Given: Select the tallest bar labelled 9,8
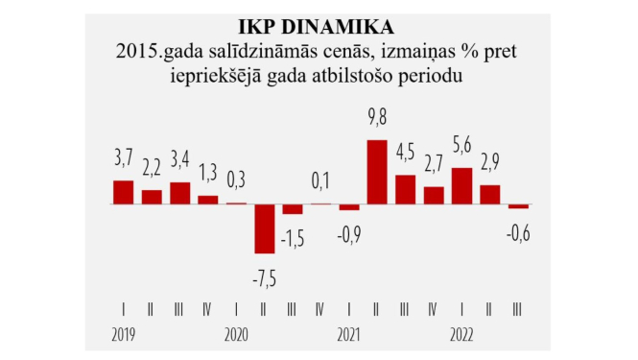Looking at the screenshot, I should [377, 172].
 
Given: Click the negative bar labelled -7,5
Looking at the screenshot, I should [265, 228].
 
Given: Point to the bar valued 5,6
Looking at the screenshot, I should [461, 185].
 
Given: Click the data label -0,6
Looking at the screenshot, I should [518, 230].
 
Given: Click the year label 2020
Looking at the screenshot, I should [237, 335].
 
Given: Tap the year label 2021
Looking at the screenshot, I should [349, 335].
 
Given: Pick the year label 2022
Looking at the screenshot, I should [461, 335].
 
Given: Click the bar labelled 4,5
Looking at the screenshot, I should [405, 189].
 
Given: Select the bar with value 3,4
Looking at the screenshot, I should [180, 193].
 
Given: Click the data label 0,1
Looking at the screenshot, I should [321, 180].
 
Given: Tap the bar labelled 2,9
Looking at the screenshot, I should [489, 194].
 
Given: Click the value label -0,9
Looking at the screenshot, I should [349, 233].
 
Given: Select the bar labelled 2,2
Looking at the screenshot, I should [152, 197].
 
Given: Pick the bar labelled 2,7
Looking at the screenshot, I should [434, 195].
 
